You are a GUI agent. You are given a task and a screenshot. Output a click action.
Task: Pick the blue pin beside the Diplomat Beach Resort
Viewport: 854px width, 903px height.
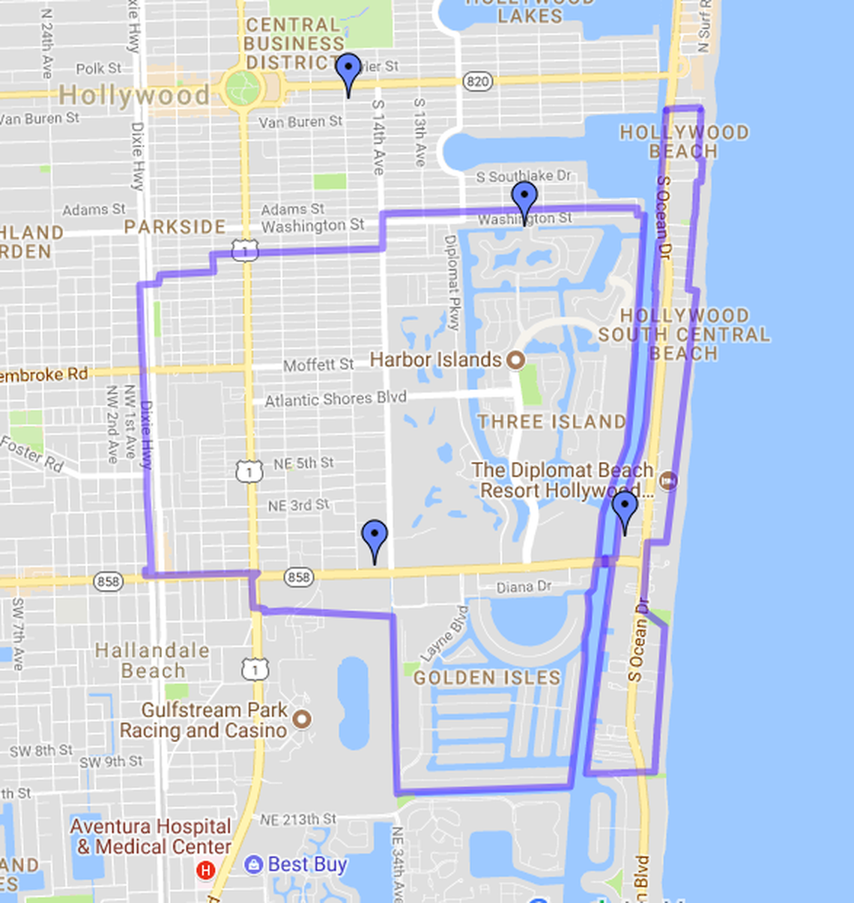pos(625,508)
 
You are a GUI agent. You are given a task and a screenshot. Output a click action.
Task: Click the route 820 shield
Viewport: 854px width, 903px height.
pos(477,81)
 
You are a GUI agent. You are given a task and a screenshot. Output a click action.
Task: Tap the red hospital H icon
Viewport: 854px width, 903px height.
pos(205,870)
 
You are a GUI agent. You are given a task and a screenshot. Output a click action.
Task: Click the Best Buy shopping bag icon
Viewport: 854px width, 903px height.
pos(253,865)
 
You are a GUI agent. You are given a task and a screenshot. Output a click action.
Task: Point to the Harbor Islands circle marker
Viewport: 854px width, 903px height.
pos(515,360)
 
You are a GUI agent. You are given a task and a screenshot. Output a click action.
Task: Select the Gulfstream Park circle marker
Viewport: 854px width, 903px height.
pos(302,720)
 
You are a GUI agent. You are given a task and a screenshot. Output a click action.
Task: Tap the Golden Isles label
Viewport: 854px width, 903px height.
pos(487,678)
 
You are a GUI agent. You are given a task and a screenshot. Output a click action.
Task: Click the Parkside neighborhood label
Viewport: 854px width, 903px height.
pos(175,227)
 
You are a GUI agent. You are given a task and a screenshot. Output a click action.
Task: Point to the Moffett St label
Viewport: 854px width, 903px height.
pos(318,365)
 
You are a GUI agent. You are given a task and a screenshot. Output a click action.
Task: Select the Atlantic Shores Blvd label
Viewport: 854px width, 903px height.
pos(336,399)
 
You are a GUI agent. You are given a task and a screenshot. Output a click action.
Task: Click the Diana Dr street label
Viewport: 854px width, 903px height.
pos(524,587)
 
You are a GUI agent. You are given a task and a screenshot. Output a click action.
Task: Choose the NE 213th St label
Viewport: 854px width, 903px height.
pos(298,820)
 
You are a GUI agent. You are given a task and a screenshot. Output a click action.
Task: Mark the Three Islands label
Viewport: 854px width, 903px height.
pos(552,422)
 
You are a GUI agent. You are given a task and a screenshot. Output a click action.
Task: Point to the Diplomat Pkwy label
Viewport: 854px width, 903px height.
pos(452,283)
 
